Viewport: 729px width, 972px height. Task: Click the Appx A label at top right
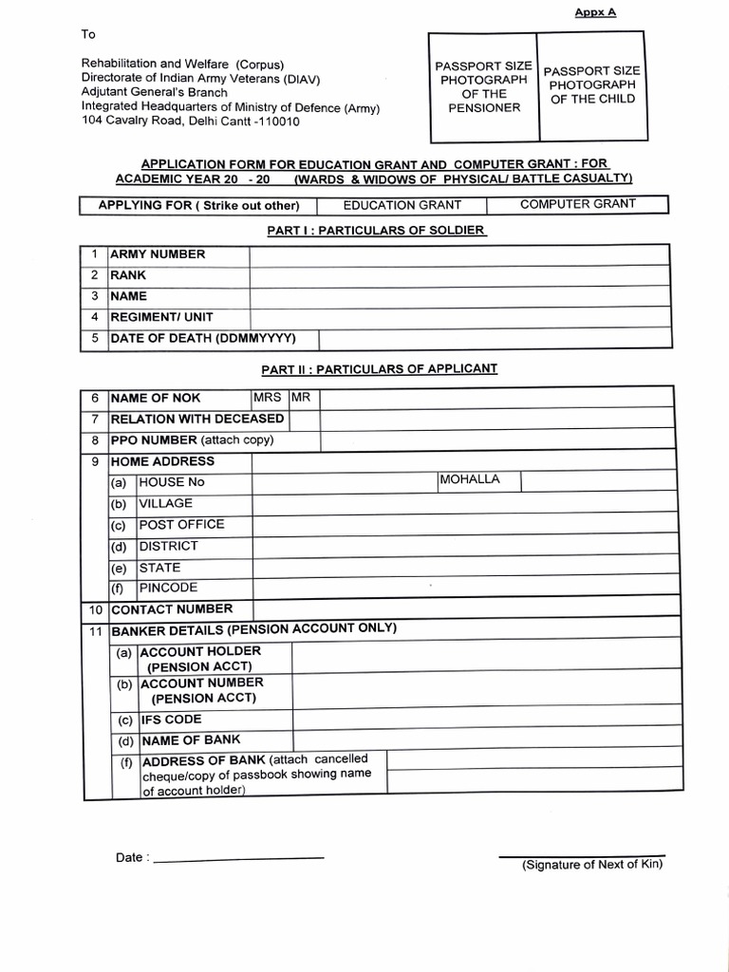pos(595,12)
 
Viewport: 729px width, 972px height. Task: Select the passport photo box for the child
pos(591,85)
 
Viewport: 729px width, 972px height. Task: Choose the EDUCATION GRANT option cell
pos(402,205)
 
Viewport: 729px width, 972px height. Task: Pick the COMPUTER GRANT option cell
pos(577,204)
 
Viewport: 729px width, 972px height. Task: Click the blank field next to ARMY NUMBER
pos(458,254)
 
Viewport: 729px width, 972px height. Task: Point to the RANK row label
pos(129,275)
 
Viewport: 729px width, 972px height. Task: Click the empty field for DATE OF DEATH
pos(493,339)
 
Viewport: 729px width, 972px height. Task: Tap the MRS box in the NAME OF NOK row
pos(268,398)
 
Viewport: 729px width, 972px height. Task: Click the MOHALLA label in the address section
pos(469,479)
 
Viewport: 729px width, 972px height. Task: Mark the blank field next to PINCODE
pos(460,589)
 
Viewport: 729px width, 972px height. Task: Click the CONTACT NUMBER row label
pos(171,609)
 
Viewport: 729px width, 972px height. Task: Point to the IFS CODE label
pos(171,720)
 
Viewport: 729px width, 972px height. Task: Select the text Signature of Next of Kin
pos(591,864)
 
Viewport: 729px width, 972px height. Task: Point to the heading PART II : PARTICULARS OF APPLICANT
pos(379,368)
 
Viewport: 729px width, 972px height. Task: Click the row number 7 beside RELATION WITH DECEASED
pos(95,420)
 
